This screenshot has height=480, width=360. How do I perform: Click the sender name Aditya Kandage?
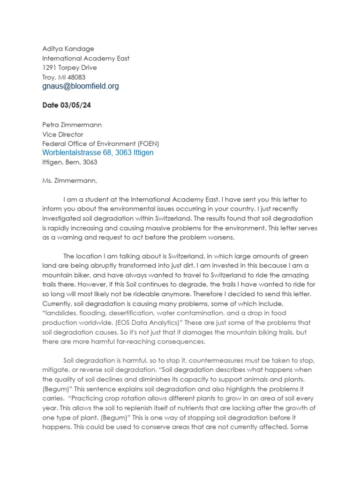pos(68,49)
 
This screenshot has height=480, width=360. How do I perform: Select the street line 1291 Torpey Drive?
pos(69,67)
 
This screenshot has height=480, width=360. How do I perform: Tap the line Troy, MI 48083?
pos(64,77)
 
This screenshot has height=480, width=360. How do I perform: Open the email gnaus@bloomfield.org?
pos(81,86)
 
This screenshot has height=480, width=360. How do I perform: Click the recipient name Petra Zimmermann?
pos(72,125)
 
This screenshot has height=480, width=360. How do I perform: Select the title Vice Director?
pos(63,134)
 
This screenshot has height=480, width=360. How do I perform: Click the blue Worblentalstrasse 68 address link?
pos(97,153)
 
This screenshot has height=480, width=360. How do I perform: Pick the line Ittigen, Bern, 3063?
pos(70,162)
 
